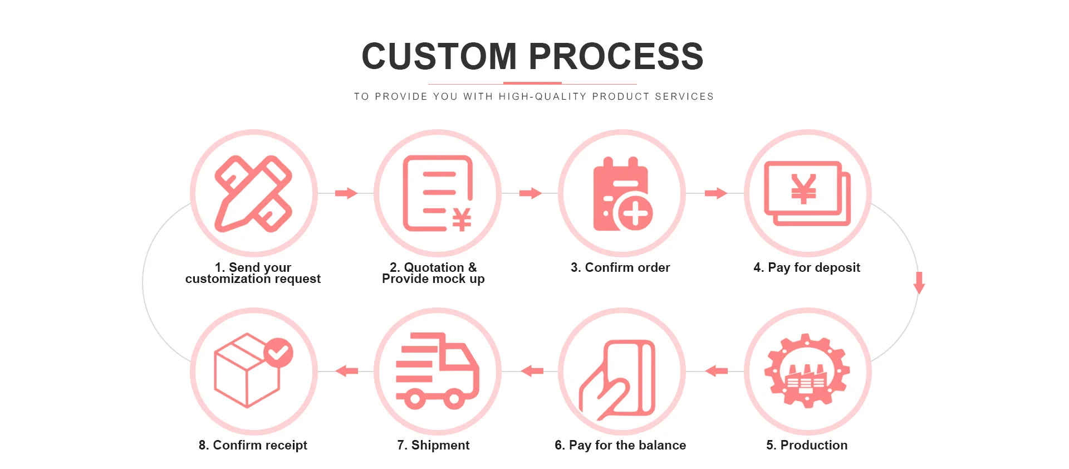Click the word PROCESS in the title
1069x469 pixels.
616,56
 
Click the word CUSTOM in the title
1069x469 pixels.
439,56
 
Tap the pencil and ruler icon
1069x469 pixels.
253,193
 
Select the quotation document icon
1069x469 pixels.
438,193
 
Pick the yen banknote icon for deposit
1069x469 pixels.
807,193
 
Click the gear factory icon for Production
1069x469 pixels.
807,371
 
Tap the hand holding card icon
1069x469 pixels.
618,379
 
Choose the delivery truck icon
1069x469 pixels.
438,371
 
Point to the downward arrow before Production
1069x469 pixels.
919,282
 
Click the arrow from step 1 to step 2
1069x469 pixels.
346,193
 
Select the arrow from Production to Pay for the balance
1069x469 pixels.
717,371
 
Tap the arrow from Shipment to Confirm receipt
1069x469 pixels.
347,371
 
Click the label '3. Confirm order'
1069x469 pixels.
620,267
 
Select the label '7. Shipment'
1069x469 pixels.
433,445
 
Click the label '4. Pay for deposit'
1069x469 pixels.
807,267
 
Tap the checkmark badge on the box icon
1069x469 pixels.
278,353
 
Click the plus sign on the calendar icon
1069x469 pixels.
635,213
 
